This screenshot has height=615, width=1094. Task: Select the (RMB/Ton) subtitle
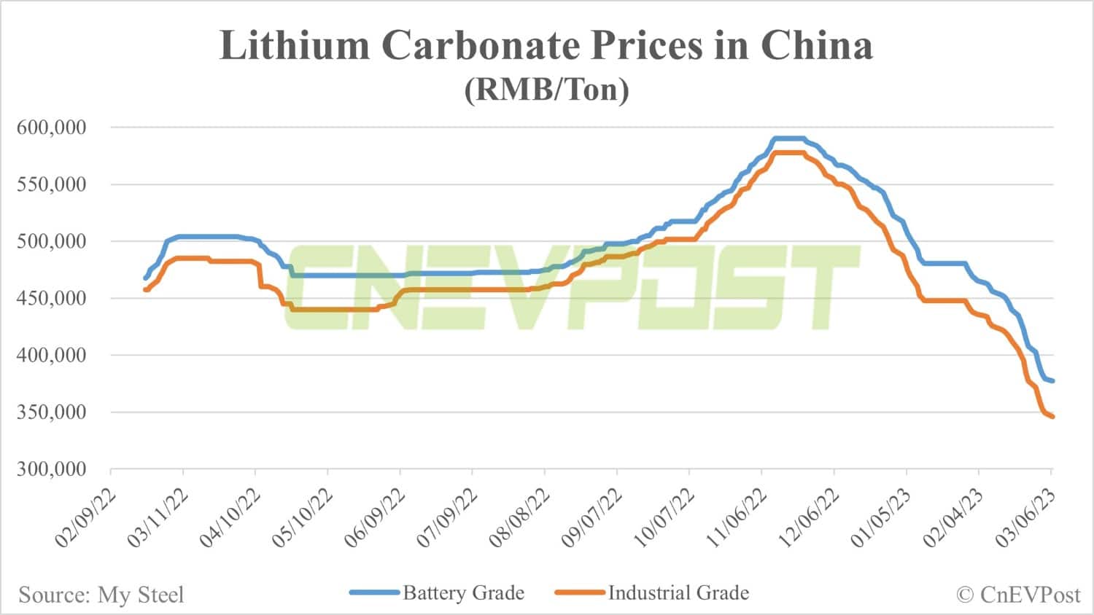(x=546, y=90)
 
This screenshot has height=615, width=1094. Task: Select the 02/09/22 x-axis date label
(x=85, y=518)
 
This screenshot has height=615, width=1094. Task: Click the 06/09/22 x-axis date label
(x=375, y=518)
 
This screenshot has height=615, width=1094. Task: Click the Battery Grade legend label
(x=463, y=593)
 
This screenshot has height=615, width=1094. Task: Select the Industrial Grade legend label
(x=678, y=593)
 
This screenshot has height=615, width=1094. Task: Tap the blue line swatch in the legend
(x=375, y=593)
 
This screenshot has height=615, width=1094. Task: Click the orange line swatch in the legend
(x=580, y=593)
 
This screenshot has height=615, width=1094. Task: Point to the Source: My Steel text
(x=101, y=595)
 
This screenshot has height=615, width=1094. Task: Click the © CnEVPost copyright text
(x=1017, y=595)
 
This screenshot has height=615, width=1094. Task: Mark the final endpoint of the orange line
(x=1052, y=417)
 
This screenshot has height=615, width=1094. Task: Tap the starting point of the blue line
(x=145, y=278)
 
